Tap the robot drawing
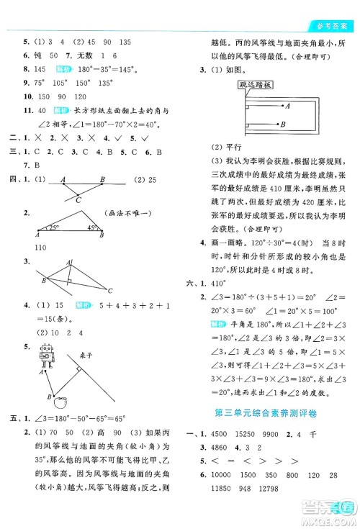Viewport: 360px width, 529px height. pyautogui.click(x=47, y=355)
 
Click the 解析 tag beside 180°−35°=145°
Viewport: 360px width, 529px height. pyautogui.click(x=63, y=69)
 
